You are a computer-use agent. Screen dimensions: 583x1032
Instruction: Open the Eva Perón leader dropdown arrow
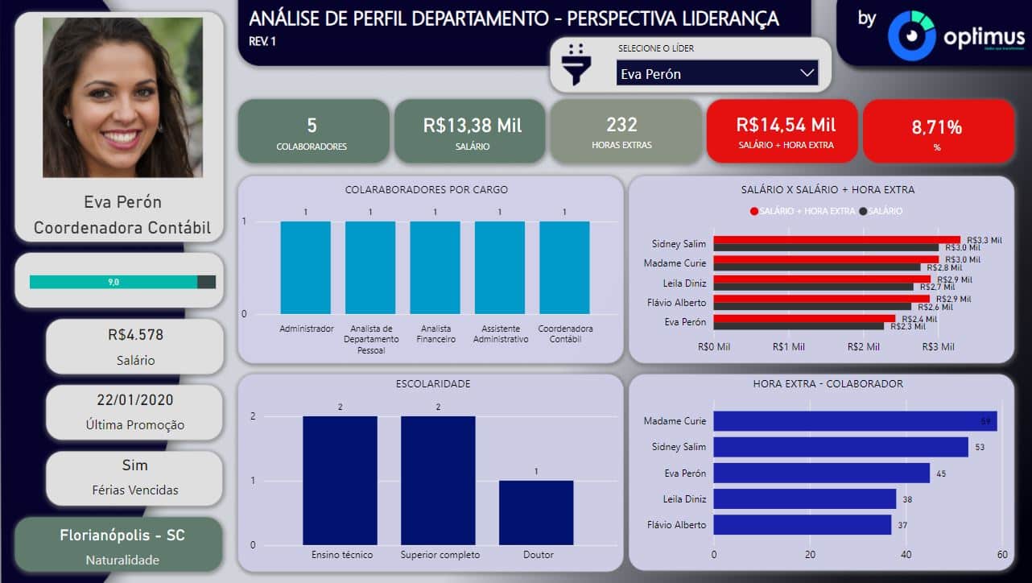(807, 73)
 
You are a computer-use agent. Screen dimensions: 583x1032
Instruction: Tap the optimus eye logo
(910, 36)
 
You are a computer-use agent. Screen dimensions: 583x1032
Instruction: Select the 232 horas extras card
(621, 131)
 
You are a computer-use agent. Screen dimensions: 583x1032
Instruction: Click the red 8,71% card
(937, 131)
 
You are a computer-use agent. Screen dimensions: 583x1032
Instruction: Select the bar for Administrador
(305, 267)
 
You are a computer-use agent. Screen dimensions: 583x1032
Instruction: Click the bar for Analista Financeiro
(435, 267)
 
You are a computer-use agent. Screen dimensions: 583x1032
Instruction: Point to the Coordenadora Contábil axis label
(565, 334)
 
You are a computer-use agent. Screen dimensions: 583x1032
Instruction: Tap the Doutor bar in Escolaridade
(536, 512)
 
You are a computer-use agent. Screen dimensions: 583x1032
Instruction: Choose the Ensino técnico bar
(340, 480)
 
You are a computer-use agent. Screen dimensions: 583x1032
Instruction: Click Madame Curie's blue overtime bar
(855, 421)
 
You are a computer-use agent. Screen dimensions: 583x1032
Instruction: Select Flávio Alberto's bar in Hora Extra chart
(802, 525)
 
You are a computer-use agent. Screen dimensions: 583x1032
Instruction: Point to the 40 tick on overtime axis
(906, 555)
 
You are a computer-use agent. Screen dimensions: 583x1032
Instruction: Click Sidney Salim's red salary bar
(836, 240)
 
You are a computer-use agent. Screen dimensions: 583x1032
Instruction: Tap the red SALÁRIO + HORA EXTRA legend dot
(754, 211)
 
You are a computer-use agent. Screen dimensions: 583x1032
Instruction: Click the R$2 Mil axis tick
(863, 347)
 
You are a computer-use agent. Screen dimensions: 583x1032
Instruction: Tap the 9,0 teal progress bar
(114, 282)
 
